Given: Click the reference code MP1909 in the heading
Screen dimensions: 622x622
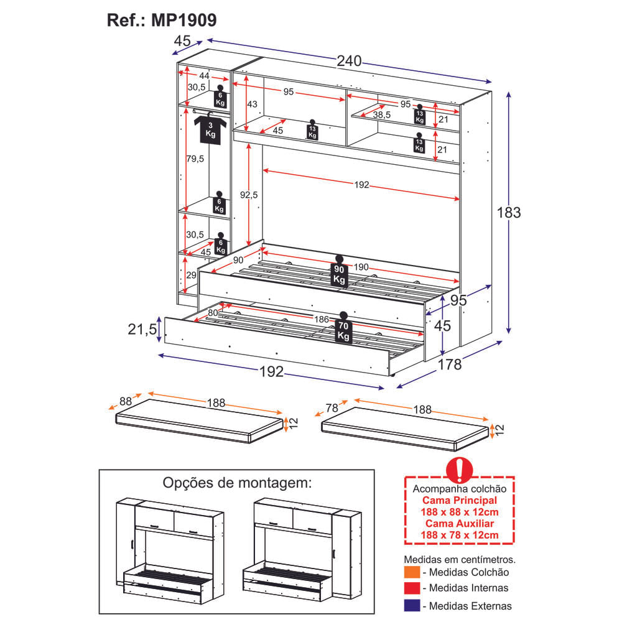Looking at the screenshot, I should (x=183, y=21).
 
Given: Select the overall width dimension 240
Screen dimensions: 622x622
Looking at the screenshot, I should (x=349, y=61).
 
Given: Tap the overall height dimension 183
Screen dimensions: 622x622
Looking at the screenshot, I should (x=508, y=212).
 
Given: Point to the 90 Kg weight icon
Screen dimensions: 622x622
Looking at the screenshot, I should (x=339, y=272).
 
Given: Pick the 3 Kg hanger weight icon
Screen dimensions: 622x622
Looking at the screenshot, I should (x=210, y=128).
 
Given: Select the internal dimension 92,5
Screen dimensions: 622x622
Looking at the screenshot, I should (x=248, y=195).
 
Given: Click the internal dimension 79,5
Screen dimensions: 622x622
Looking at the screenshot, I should (x=195, y=159).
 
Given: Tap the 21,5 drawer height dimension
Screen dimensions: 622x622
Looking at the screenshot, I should (x=142, y=330).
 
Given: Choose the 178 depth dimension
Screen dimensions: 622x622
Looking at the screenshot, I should (x=450, y=364).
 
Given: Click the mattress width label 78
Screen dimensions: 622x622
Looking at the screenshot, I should (x=332, y=408).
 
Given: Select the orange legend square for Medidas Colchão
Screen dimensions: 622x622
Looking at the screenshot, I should (x=411, y=572).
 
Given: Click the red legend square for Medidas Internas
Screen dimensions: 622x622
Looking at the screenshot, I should (x=411, y=588).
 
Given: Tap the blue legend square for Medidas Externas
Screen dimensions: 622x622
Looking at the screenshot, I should (x=411, y=605).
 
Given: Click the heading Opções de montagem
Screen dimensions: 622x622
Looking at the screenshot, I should (x=236, y=483).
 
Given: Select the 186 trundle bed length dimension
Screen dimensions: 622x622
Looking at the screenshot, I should (x=321, y=319).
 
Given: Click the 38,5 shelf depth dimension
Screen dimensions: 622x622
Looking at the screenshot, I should (x=381, y=115).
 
